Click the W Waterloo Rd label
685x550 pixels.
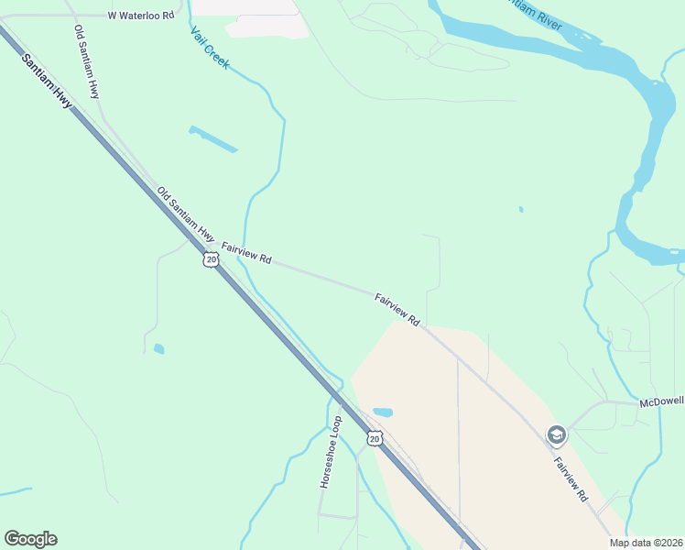pos(140,16)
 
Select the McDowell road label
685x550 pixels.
pos(662,402)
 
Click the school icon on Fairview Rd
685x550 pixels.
pos(555,434)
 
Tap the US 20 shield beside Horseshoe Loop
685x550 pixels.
pos(374,439)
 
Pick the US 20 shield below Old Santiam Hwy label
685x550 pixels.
pos(211,259)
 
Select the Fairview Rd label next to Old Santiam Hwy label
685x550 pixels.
pos(246,253)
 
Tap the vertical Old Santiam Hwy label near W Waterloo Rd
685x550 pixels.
pos(87,61)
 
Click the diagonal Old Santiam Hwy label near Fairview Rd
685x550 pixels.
pos(186,215)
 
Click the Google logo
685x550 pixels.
pos(30,539)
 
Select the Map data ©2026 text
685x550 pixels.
pos(645,543)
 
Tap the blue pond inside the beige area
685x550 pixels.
pos(383,412)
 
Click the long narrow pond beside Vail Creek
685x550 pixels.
pos(213,138)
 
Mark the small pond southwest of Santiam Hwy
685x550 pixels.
pos(159,348)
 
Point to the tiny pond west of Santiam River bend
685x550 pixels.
pos(521,209)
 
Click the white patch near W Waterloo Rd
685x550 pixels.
pos(266,27)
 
